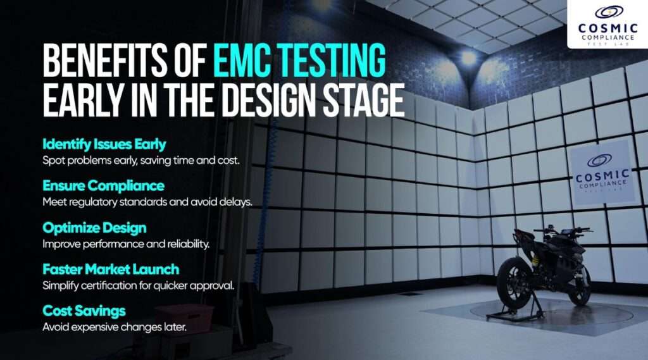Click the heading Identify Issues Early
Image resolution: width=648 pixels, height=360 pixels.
click(104, 144)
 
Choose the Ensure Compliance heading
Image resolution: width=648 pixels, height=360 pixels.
click(103, 185)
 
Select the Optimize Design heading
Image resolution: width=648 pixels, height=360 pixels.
click(94, 228)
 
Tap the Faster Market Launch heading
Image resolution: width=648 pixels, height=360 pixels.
click(111, 269)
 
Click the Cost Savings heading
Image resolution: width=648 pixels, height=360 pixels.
click(84, 311)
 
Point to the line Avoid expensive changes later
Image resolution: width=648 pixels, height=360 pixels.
click(115, 327)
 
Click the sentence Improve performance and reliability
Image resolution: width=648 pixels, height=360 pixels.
click(126, 244)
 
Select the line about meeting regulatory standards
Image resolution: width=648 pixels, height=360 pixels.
click(147, 202)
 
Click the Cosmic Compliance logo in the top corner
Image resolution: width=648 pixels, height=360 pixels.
click(607, 24)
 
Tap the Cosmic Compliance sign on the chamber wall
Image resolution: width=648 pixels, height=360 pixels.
click(602, 173)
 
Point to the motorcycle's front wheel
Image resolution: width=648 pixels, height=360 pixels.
click(579, 285)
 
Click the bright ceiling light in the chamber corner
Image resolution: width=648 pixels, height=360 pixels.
click(469, 58)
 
